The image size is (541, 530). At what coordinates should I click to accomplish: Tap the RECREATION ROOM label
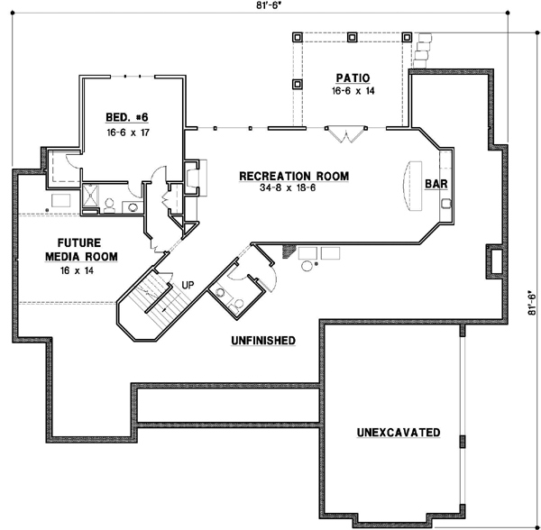pos(293,176)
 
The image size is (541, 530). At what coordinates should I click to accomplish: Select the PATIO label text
pos(353,78)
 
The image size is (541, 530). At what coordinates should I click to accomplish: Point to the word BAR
pos(437,184)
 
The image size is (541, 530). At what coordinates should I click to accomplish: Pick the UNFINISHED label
pos(262,340)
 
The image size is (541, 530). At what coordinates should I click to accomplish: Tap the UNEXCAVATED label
pos(398,433)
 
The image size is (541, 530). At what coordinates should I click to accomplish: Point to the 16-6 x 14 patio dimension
pos(353,92)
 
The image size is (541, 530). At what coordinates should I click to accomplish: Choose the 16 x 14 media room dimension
pos(78,270)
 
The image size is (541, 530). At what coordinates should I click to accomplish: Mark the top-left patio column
pos(298,38)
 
